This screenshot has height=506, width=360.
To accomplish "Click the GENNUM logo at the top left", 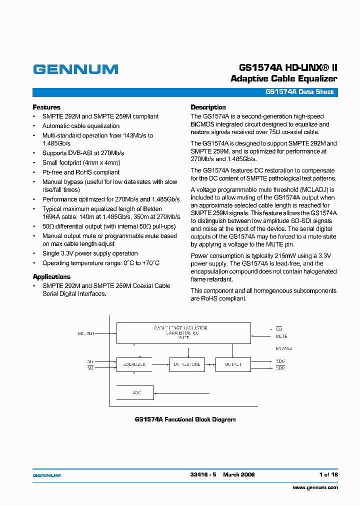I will click(x=75, y=69).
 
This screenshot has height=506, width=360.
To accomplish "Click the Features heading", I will click(x=46, y=107).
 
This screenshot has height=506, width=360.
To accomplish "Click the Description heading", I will click(x=208, y=107).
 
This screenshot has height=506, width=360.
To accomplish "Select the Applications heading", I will click(x=51, y=277).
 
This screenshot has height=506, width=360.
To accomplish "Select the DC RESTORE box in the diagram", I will click(x=187, y=364).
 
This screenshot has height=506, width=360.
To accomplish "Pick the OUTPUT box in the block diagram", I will click(x=232, y=364).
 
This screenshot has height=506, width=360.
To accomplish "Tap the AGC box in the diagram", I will click(x=135, y=392).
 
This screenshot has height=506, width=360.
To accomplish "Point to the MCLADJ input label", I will click(x=86, y=332).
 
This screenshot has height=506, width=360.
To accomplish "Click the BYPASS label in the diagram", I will click(x=283, y=348).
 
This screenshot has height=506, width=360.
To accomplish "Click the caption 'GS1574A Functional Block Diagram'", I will click(x=185, y=419).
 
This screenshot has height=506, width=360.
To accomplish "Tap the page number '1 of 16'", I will click(x=328, y=474).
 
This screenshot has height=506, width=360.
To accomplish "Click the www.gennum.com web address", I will click(x=315, y=487).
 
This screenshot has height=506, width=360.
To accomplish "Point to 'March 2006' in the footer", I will click(x=238, y=474).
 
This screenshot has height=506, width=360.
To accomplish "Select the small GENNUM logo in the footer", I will click(x=46, y=475).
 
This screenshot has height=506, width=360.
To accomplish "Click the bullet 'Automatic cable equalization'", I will click(x=80, y=126).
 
